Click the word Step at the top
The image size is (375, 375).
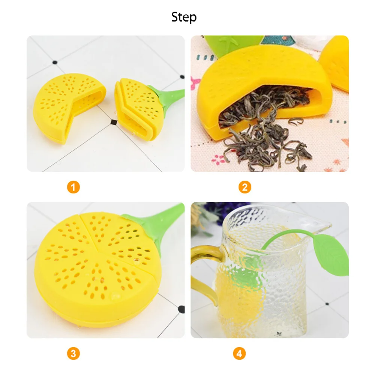(x=184, y=17)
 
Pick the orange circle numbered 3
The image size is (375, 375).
(x=74, y=353)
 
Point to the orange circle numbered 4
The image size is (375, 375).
(x=238, y=353)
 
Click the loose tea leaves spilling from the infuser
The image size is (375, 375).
(x=262, y=139)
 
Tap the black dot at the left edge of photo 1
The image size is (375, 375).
(x=54, y=63)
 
